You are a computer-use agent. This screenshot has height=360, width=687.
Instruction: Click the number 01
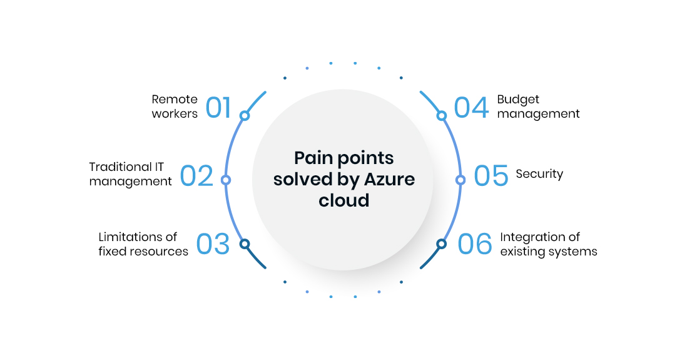[x=218, y=107]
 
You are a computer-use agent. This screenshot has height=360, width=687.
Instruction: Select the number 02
[x=197, y=176]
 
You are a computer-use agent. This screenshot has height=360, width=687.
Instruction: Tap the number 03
[x=213, y=244]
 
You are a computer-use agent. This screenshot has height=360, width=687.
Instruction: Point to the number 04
[x=471, y=107]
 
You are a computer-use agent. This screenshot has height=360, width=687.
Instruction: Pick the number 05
[x=491, y=176]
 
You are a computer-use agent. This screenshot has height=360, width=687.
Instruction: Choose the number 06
[x=475, y=244]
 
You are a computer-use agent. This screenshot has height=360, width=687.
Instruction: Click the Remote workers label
[x=175, y=106]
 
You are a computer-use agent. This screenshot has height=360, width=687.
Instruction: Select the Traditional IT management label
[x=130, y=174]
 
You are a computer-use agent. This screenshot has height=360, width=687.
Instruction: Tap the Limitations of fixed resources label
[x=143, y=244]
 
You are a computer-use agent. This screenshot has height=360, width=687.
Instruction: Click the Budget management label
[x=538, y=106]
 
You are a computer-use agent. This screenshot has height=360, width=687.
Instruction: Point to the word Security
[x=539, y=174]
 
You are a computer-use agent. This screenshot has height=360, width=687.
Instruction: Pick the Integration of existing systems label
[x=549, y=244]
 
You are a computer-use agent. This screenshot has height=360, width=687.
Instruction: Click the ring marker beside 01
[x=245, y=116]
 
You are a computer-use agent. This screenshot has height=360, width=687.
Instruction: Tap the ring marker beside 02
[x=226, y=180]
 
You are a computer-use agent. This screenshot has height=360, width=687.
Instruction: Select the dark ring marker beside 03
[x=245, y=244]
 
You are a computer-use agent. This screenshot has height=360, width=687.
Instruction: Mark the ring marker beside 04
[x=442, y=116]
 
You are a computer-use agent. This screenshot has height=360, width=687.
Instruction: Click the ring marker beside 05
[x=460, y=180]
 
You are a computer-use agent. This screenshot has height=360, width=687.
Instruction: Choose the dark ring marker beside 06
[x=442, y=244]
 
